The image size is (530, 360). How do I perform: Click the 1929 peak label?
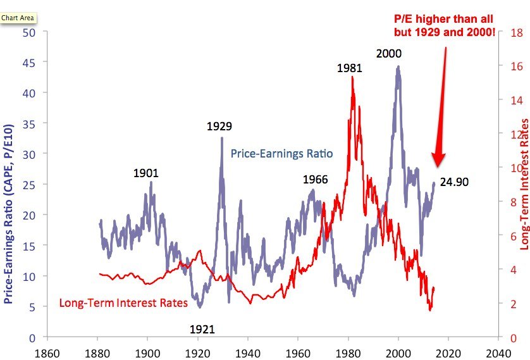pos(219,127)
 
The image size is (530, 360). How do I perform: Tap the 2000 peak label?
pos(389,54)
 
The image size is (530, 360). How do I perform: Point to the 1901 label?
pos(146,173)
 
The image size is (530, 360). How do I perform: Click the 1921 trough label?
pos(202,329)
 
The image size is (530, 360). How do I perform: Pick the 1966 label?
pos(315,180)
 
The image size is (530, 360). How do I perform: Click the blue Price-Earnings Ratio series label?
pos(281,154)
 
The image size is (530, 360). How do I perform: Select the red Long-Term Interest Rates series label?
pos(123,303)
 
